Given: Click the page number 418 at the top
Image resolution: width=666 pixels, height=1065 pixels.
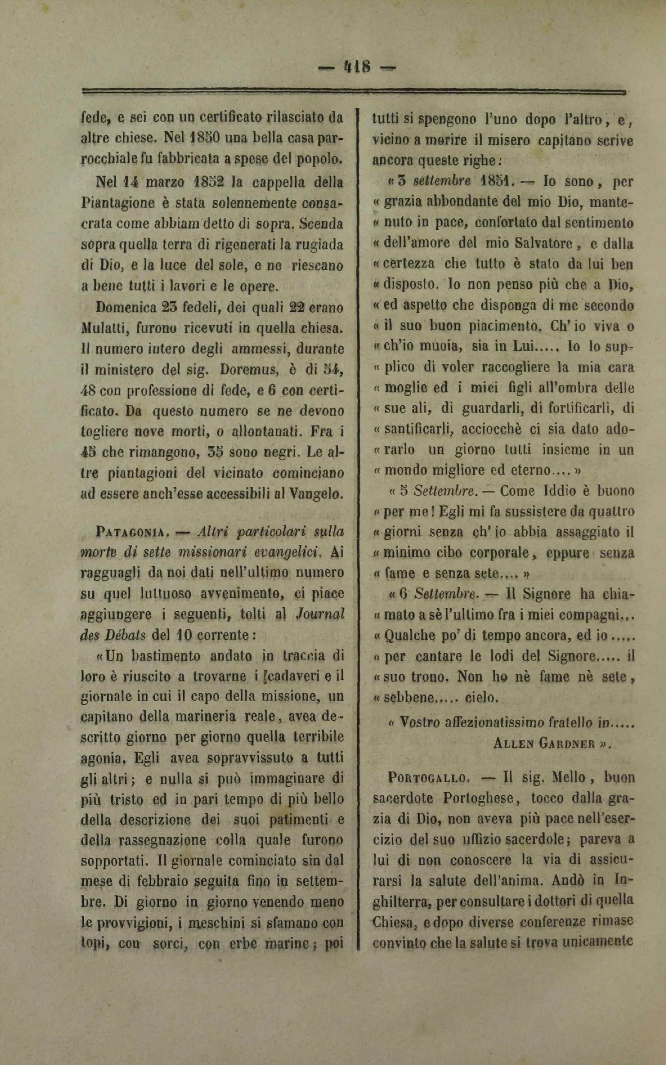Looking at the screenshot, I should pos(356,67).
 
